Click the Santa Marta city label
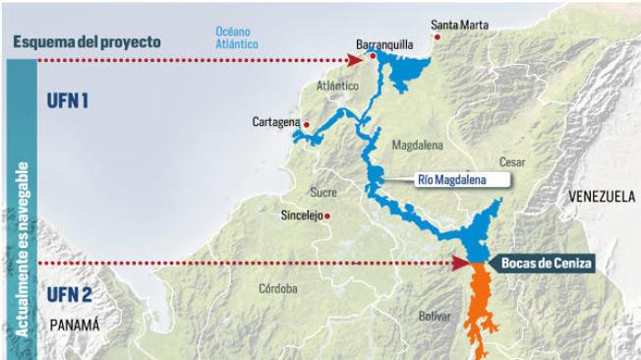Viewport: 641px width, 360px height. [457, 24]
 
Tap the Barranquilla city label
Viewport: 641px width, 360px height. [383, 44]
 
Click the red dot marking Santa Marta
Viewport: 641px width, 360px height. [438, 36]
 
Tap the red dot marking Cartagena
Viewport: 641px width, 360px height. [307, 125]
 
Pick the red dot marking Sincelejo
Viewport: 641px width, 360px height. [327, 215]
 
